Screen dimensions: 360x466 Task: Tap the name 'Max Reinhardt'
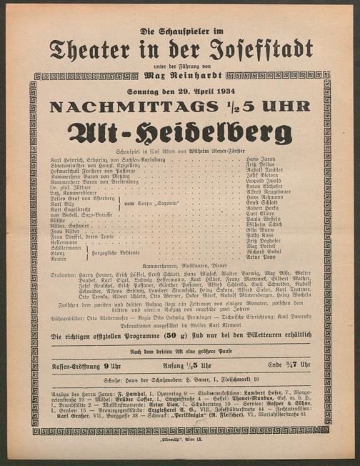point(180,74)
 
